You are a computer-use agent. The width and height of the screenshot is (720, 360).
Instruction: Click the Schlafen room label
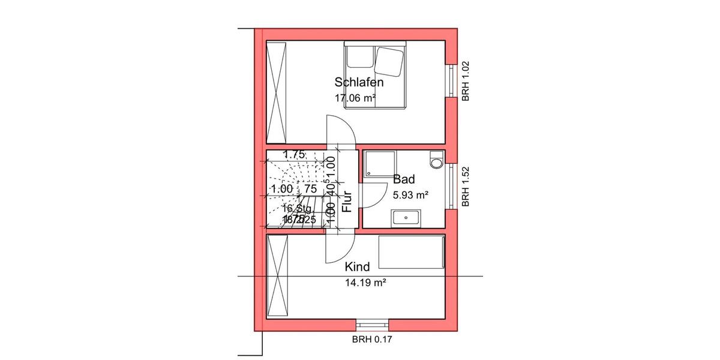(359, 83)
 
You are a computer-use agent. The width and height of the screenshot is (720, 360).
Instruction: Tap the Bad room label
(404, 179)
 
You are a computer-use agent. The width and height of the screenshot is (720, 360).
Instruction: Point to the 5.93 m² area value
(410, 195)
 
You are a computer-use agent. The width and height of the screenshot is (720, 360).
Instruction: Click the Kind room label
(357, 266)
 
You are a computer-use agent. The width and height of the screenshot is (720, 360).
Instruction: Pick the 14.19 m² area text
(365, 282)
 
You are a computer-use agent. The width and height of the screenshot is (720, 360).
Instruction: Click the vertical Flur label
(346, 202)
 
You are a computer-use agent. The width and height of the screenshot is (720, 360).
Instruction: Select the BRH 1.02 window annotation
(466, 81)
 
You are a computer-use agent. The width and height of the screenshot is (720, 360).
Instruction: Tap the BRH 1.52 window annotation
(466, 187)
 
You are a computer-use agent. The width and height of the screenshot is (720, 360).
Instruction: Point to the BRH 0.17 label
(372, 339)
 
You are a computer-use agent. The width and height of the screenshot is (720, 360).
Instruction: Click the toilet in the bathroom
(437, 159)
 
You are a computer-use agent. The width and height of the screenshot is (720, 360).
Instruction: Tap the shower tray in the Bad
(379, 164)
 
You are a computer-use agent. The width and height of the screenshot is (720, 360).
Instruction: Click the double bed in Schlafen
(376, 74)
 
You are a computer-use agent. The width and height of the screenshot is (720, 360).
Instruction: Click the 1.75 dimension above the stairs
(295, 154)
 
